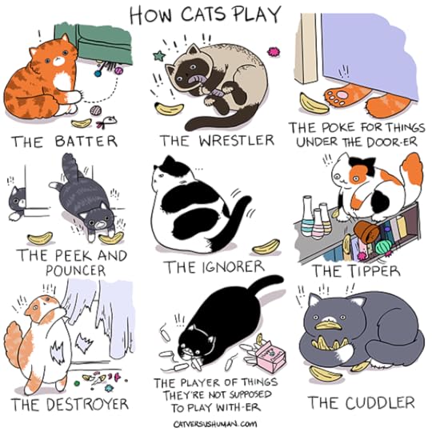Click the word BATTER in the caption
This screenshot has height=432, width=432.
86,141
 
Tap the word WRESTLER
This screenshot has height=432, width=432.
237,140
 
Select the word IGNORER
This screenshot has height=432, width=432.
233,267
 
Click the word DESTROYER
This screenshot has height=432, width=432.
87,404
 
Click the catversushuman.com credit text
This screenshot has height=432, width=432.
215,423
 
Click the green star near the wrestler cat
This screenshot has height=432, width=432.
159,56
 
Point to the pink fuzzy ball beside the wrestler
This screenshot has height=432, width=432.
273,51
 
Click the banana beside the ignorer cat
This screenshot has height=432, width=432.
266,247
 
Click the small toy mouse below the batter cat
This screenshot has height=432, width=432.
106,122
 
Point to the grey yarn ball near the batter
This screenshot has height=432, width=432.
96,110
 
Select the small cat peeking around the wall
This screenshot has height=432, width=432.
17,203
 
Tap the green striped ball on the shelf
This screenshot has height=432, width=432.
383,246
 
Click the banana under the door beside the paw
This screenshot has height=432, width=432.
314,104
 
